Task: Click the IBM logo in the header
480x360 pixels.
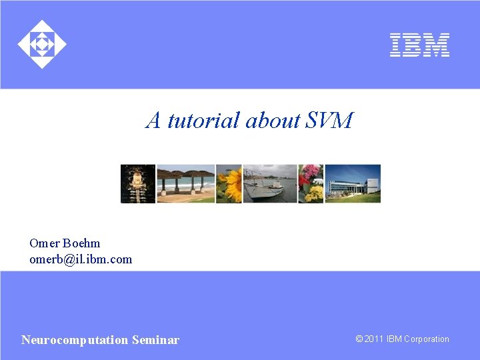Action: (x=419, y=45)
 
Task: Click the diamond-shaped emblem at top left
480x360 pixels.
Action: (x=42, y=45)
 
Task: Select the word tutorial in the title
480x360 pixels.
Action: (x=204, y=121)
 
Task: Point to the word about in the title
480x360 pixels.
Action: (x=272, y=121)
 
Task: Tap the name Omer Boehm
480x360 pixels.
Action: (x=65, y=243)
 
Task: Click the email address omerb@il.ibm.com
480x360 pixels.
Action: (x=81, y=259)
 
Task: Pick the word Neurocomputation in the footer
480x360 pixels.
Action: (x=75, y=340)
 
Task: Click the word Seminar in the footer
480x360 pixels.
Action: (x=155, y=340)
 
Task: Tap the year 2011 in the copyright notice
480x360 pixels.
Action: (x=374, y=339)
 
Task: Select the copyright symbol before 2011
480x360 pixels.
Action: (x=359, y=339)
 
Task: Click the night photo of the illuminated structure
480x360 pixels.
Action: (x=138, y=183)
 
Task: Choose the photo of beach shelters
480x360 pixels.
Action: (x=185, y=183)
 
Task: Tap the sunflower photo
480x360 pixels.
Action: (x=229, y=183)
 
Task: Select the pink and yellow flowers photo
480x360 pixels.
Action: (x=311, y=183)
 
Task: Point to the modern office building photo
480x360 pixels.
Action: (x=353, y=183)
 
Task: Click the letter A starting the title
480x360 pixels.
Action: (x=154, y=121)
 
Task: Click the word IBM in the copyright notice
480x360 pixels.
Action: (x=395, y=339)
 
